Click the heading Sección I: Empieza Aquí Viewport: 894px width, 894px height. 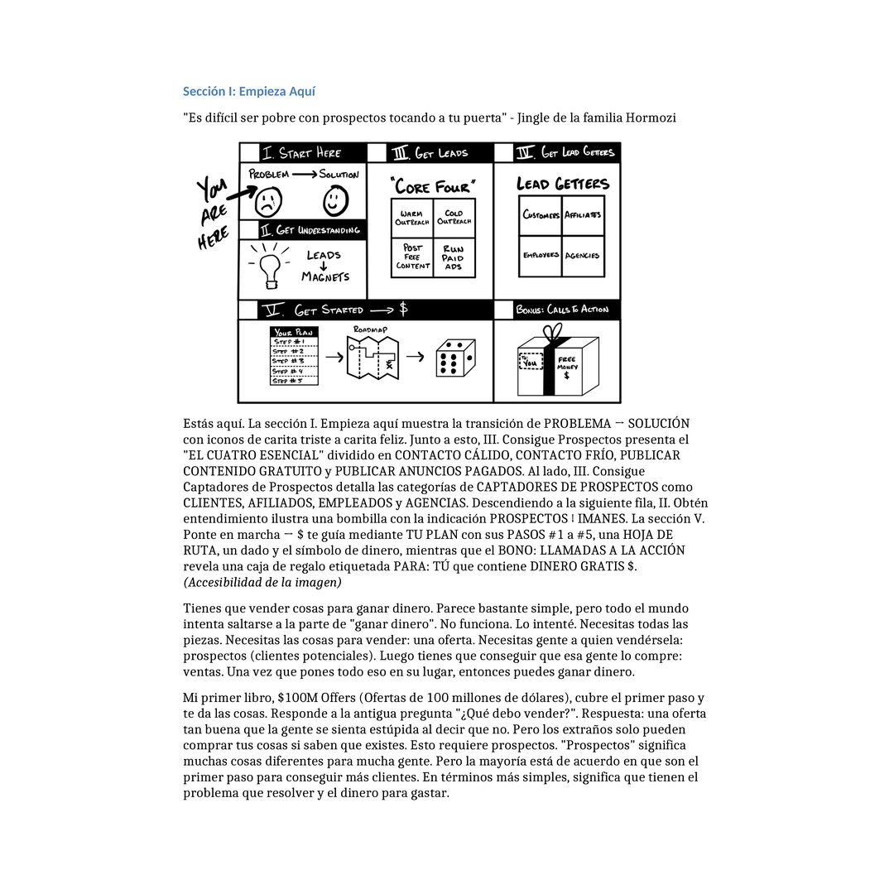pyautogui.click(x=248, y=92)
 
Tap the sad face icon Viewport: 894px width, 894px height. pyautogui.click(x=267, y=201)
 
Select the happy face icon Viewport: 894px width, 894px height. pyautogui.click(x=334, y=200)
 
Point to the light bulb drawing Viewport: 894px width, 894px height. pyautogui.click(x=268, y=267)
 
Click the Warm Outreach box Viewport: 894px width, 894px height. pyautogui.click(x=411, y=218)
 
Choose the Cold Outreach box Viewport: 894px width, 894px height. pyautogui.click(x=454, y=218)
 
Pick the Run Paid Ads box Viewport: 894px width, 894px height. pyautogui.click(x=454, y=257)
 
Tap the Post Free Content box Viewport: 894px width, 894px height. pyautogui.click(x=411, y=257)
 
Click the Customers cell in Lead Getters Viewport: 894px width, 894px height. pyautogui.click(x=541, y=215)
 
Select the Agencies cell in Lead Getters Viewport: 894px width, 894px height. pyautogui.click(x=583, y=256)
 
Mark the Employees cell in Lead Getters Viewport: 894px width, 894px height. pyautogui.click(x=541, y=256)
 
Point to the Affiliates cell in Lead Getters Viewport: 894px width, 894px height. pyautogui.click(x=583, y=215)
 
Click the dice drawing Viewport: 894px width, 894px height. pyautogui.click(x=454, y=358)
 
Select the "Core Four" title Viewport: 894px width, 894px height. pyautogui.click(x=434, y=185)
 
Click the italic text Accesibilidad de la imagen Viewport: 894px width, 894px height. pyautogui.click(x=262, y=583)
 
